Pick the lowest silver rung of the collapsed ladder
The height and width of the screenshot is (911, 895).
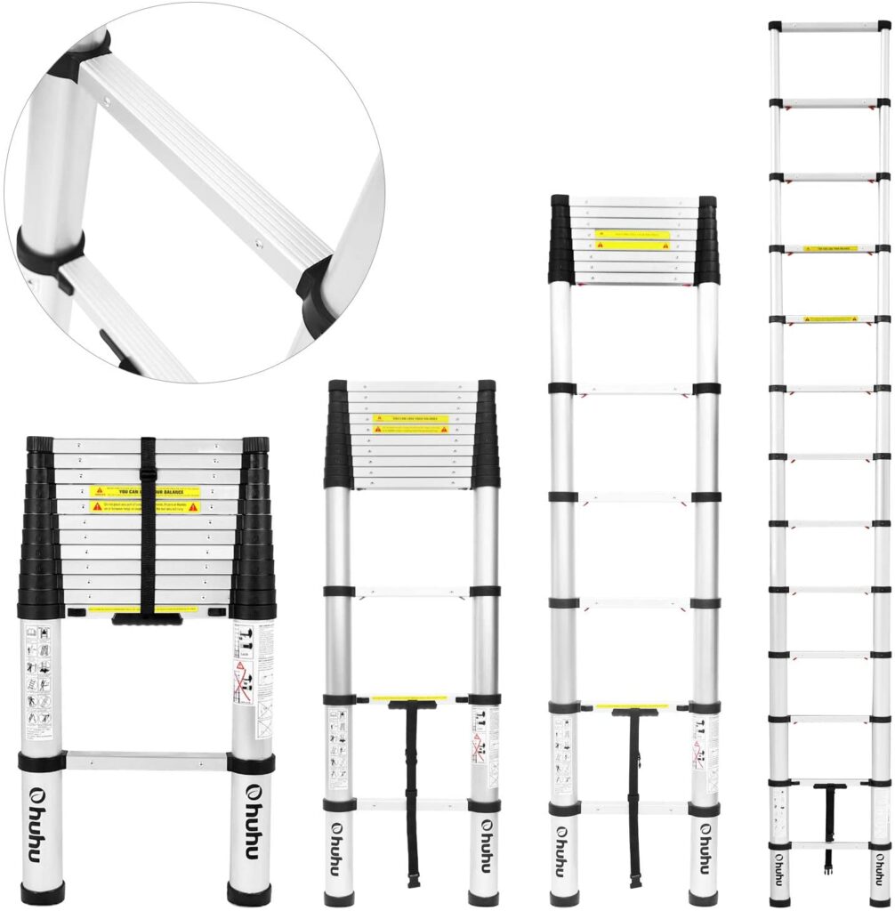(147, 762)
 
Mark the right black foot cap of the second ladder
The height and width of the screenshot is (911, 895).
(484, 895)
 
